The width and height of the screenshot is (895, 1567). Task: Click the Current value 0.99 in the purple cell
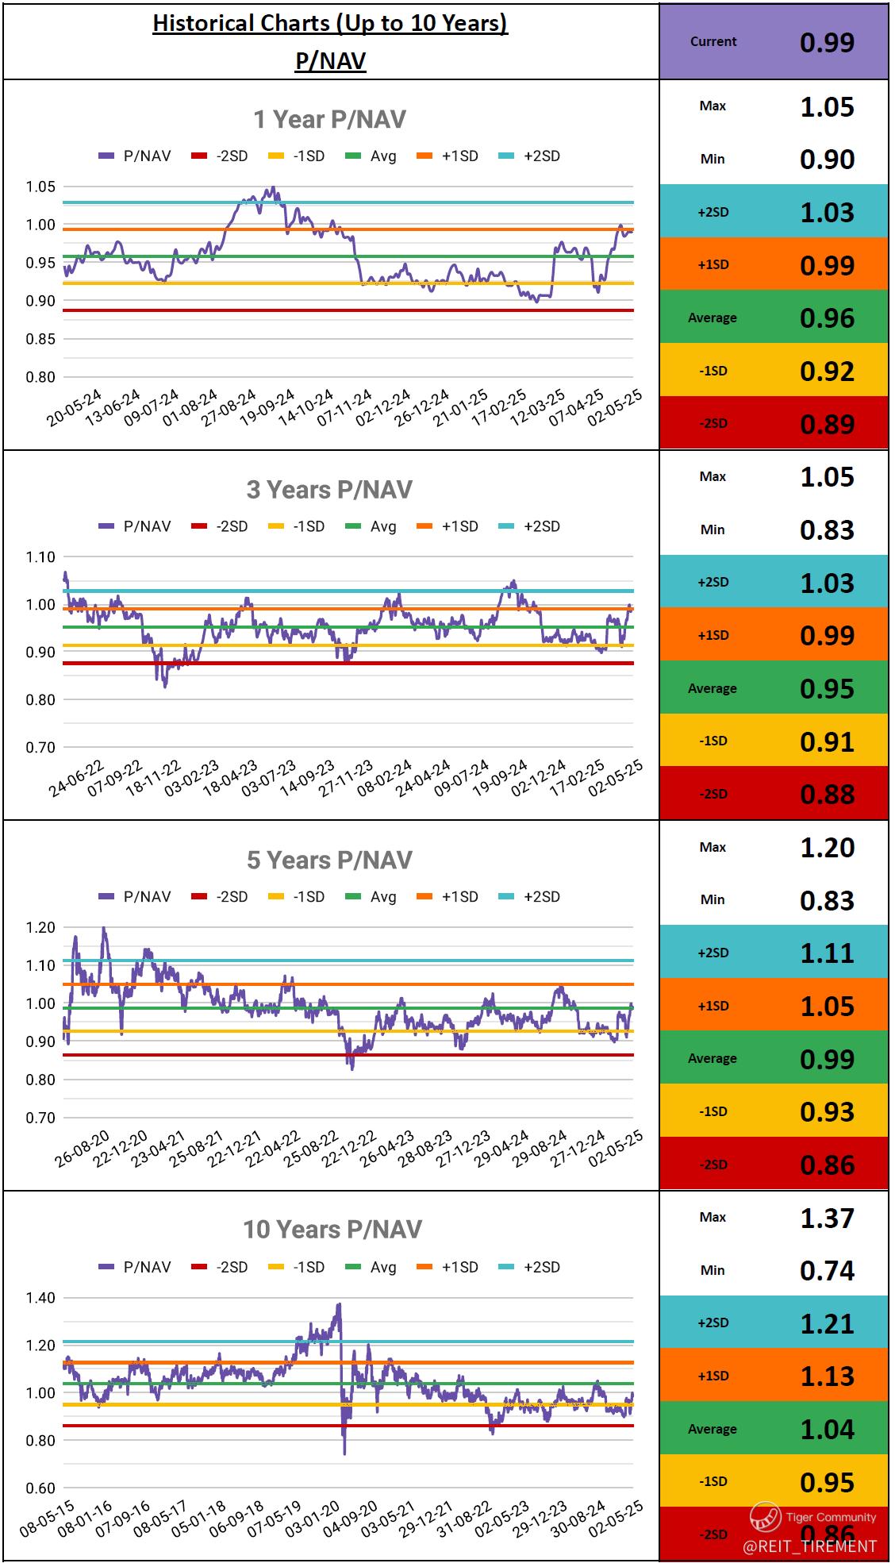(x=827, y=42)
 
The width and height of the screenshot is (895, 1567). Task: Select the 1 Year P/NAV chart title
(x=329, y=120)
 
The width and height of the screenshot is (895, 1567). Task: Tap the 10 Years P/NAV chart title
(x=332, y=1230)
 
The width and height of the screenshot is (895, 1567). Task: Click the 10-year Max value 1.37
(x=827, y=1218)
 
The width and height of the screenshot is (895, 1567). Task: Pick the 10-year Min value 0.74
(x=827, y=1270)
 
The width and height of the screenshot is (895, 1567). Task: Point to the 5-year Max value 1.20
(x=827, y=847)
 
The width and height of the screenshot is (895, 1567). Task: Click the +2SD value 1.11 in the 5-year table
(x=827, y=953)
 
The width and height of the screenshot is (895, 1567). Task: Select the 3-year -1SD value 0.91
(x=827, y=741)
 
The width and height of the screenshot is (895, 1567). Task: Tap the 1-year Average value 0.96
(x=827, y=318)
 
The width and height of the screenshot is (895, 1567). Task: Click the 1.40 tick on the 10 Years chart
(x=40, y=1298)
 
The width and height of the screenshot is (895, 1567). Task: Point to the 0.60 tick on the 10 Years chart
(x=40, y=1488)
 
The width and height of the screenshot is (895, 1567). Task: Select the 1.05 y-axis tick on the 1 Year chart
(x=40, y=187)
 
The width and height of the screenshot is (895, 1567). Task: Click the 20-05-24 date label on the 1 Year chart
(x=74, y=409)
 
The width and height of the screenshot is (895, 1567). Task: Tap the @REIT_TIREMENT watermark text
(x=809, y=1546)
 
